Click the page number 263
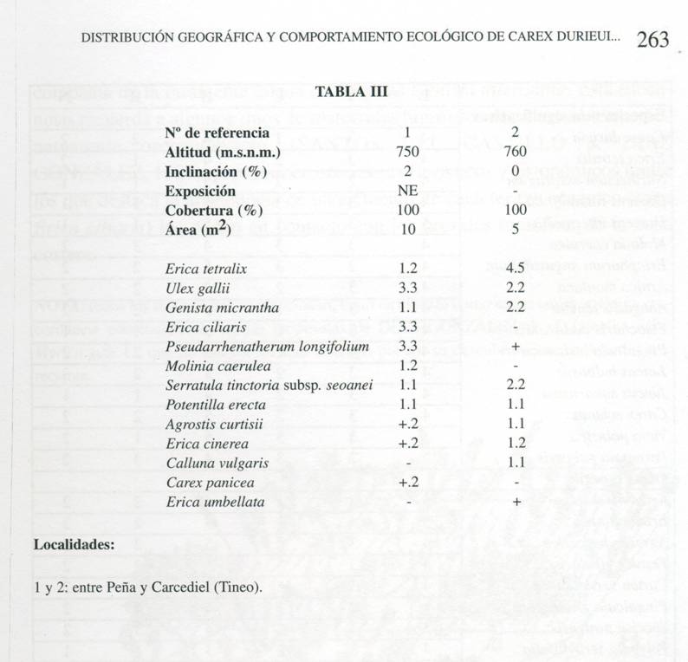pyautogui.click(x=652, y=39)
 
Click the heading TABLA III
pyautogui.click(x=351, y=92)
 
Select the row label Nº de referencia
pyautogui.click(x=217, y=133)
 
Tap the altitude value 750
pyautogui.click(x=407, y=152)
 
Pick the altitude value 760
pyautogui.click(x=516, y=152)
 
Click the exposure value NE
pyautogui.click(x=407, y=191)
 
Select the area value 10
pyautogui.click(x=407, y=230)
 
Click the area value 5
pyautogui.click(x=516, y=230)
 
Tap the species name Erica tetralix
pyautogui.click(x=205, y=269)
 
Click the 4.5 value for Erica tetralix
pyautogui.click(x=516, y=269)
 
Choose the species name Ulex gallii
pyautogui.click(x=196, y=288)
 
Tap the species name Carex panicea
pyautogui.click(x=204, y=483)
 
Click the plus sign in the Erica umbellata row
pyautogui.click(x=516, y=502)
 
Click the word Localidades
pyautogui.click(x=74, y=545)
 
